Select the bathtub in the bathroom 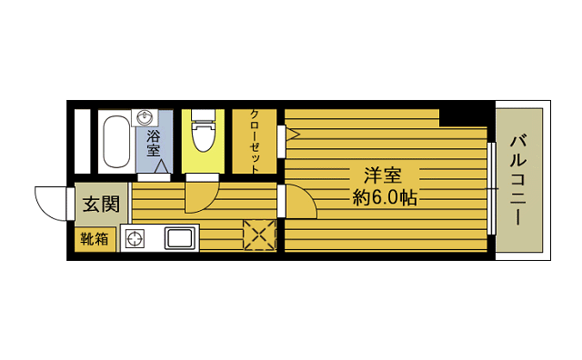pyautogui.click(x=115, y=141)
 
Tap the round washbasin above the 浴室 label pyautogui.click(x=145, y=118)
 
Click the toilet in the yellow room pyautogui.click(x=203, y=134)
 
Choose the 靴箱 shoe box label pyautogui.click(x=95, y=239)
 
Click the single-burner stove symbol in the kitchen pyautogui.click(x=135, y=240)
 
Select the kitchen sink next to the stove pyautogui.click(x=178, y=239)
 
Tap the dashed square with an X pyautogui.click(x=258, y=235)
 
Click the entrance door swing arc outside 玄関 pyautogui.click(x=51, y=200)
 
